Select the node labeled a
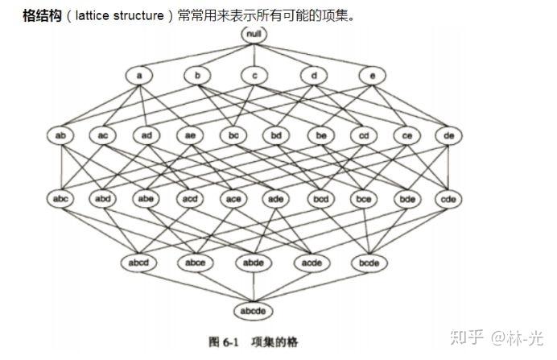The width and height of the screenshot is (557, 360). pos(139,76)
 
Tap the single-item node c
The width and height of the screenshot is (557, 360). pos(254,76)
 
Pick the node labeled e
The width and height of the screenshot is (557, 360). pos(371,76)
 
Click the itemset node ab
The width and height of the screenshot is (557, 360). pos(60,136)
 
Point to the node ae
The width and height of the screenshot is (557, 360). pos(189,136)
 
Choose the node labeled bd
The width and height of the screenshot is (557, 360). pos(276,136)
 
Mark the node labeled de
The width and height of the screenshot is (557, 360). pos(449,136)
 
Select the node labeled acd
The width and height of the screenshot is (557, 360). pos(189,197)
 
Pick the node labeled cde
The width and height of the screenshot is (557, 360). pos(449,197)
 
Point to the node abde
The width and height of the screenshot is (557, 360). pos(254,263)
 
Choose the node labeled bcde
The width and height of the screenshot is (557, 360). pos(369,263)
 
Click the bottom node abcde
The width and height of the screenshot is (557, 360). pos(254,310)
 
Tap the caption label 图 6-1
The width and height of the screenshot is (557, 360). pos(225,341)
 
